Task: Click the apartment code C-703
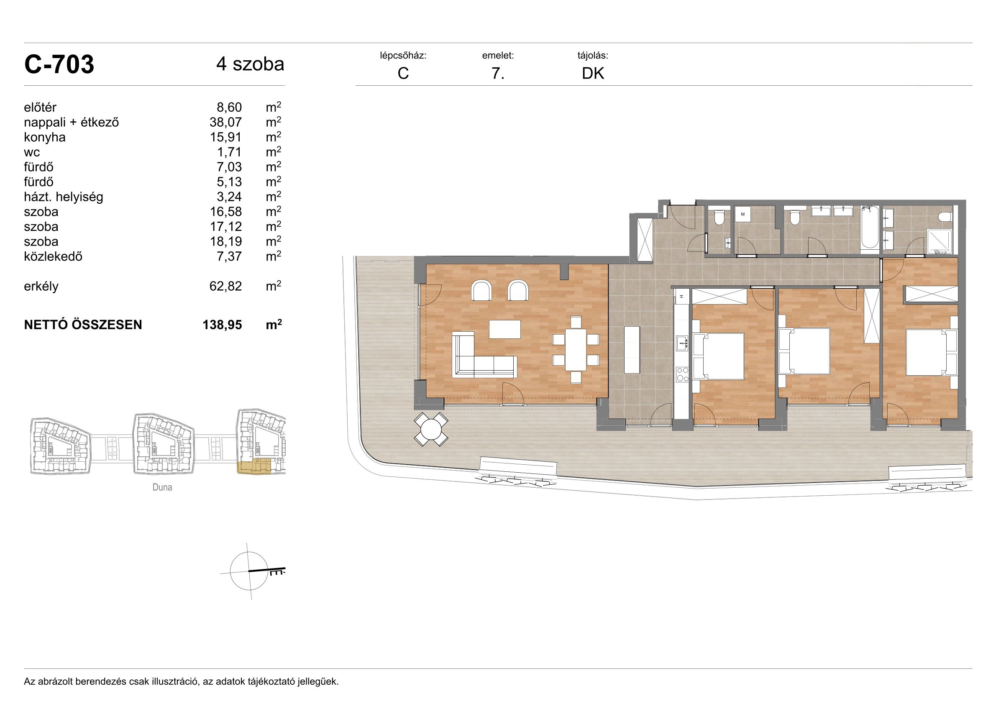[x=59, y=65]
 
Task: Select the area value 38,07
[x=225, y=122]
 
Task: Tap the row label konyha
[x=45, y=137]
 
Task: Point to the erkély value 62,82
[x=225, y=286]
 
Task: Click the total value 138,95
[x=222, y=325]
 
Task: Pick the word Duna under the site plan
[x=162, y=487]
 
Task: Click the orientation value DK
[x=593, y=73]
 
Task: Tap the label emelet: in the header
[x=498, y=56]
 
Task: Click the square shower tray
[x=940, y=241]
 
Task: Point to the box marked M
[x=743, y=214]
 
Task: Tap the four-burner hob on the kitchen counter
[x=682, y=374]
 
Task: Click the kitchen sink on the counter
[x=682, y=343]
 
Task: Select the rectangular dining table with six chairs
[x=576, y=350]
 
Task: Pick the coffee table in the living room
[x=505, y=329]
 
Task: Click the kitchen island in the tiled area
[x=632, y=350]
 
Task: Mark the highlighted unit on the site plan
[x=254, y=467]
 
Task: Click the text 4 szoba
[x=250, y=64]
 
